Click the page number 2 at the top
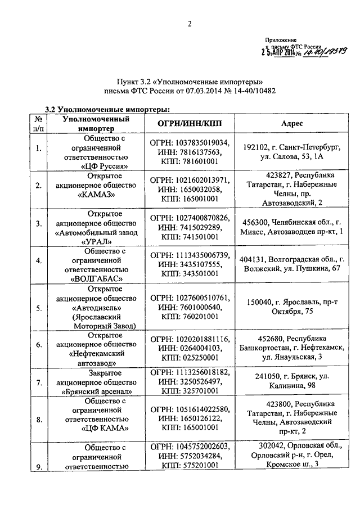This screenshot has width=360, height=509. click(190, 24)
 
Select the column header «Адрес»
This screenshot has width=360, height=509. click(292, 123)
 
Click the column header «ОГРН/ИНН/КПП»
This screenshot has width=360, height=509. click(188, 123)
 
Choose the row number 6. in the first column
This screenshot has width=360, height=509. click(39, 345)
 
